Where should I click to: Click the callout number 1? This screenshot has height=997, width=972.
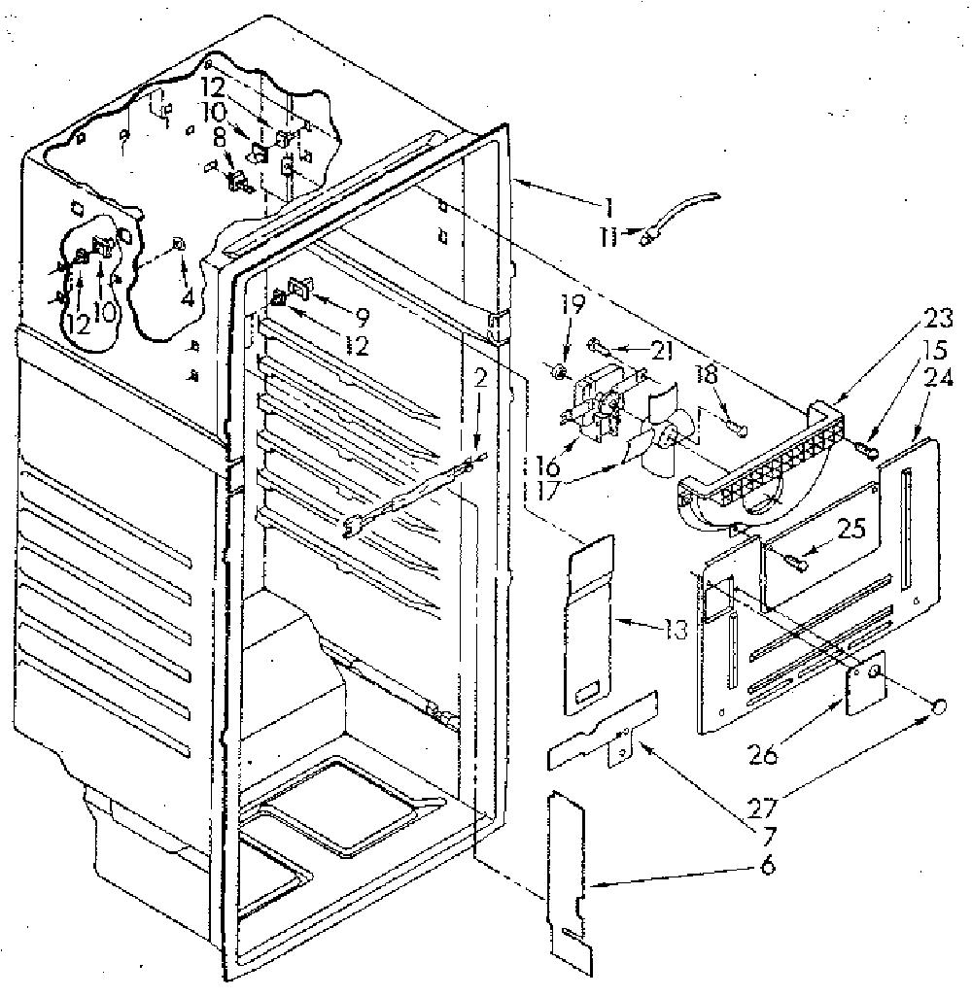click(608, 208)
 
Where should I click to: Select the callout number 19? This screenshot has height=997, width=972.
click(572, 305)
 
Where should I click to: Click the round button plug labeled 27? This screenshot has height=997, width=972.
click(940, 706)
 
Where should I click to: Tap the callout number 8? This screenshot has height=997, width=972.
click(221, 139)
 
